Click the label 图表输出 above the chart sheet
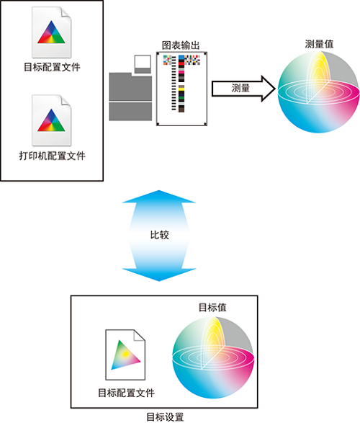[181, 45]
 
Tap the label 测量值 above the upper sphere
[319, 44]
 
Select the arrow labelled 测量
[243, 89]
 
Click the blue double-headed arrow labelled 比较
[159, 236]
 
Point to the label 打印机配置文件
[52, 156]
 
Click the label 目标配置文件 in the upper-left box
[52, 67]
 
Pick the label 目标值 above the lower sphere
[212, 307]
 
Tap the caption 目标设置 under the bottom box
[165, 417]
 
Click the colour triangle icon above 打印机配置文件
[51, 120]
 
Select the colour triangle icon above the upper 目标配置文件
[51, 32]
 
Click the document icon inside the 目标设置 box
[125, 355]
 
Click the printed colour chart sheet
[181, 89]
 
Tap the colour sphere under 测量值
[319, 92]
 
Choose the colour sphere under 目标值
[213, 357]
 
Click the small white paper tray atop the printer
[143, 64]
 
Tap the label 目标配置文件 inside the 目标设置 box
[126, 393]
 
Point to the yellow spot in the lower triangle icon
[125, 354]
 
